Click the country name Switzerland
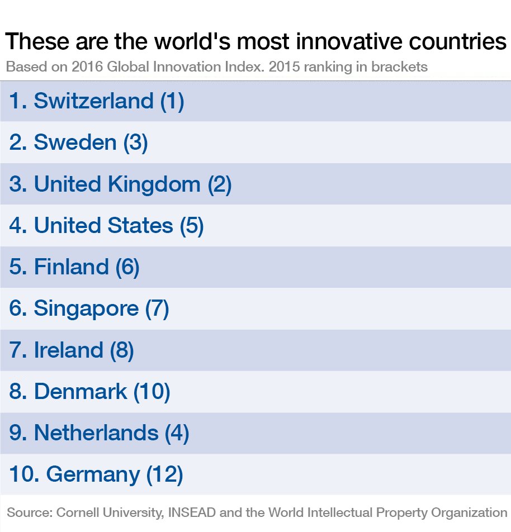coord(93,101)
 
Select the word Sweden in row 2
coord(75,142)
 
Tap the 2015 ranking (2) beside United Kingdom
coord(219,184)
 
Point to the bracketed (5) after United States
coord(192,226)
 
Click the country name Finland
coord(71,267)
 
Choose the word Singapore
coord(86,309)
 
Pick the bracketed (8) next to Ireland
coord(122,350)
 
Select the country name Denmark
coord(81,392)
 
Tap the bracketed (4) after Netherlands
coord(177,433)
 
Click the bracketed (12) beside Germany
coord(164,474)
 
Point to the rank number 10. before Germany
coord(24,474)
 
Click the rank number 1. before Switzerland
coord(18,101)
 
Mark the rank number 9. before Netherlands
coord(18,433)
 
